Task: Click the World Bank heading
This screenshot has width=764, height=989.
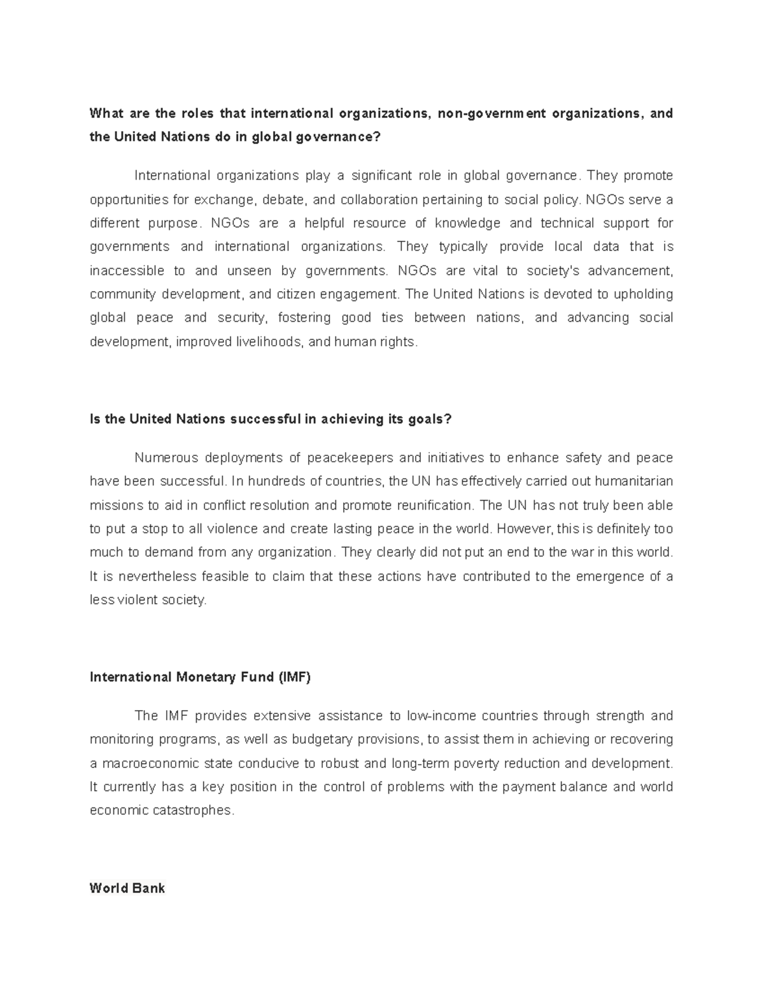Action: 127,888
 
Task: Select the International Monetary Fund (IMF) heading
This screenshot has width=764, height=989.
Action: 200,677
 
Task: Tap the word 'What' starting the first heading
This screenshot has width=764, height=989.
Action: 106,113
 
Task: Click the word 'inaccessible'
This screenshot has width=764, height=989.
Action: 127,271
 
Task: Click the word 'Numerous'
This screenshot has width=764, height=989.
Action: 166,458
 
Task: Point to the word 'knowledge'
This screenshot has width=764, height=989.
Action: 467,224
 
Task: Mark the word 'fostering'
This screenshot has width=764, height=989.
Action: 304,318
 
